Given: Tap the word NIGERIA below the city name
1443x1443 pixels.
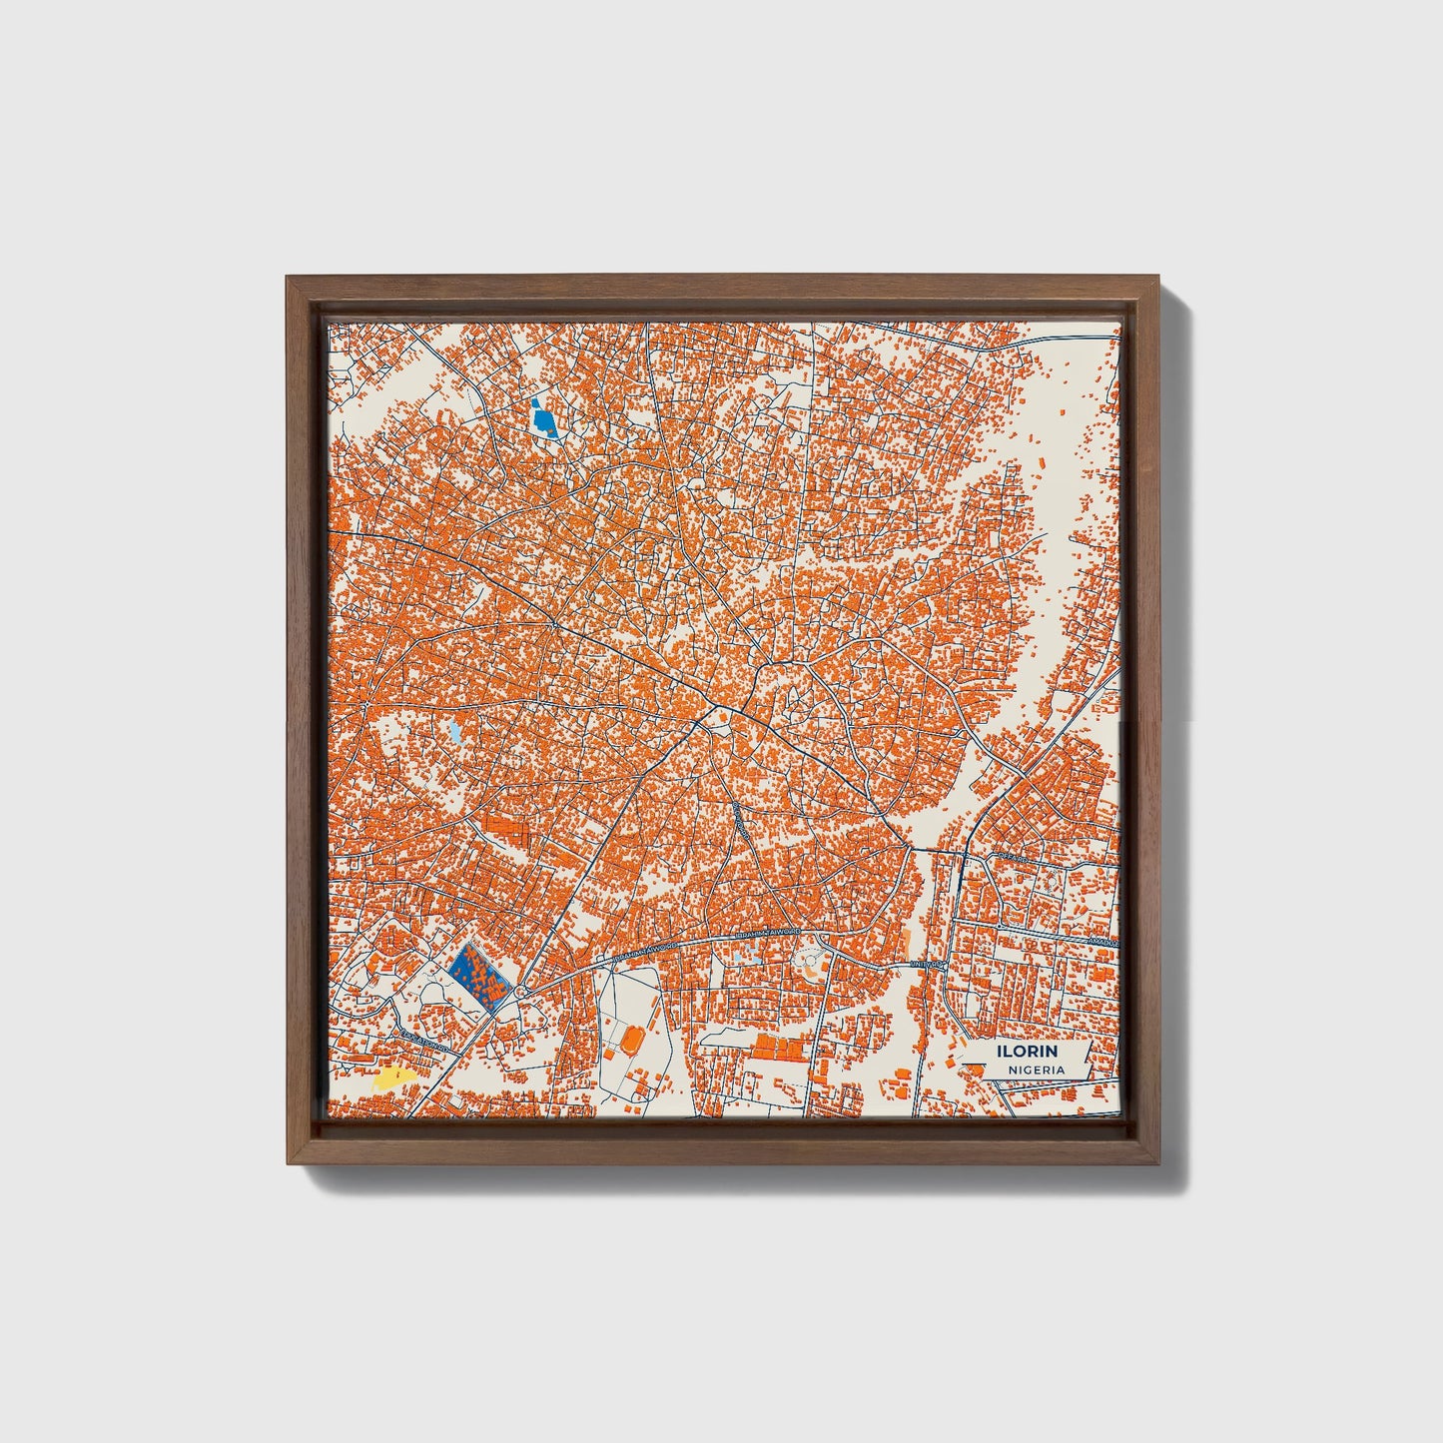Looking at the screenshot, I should [1036, 1070].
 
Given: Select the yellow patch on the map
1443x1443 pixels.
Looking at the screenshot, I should [392, 1078].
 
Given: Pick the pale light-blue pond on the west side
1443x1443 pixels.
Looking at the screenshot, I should [455, 734].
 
